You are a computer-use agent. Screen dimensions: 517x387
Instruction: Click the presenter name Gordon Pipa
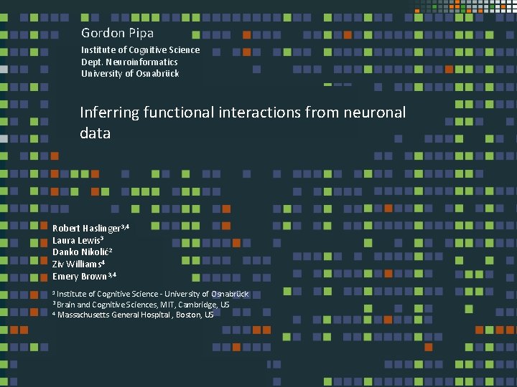click(x=117, y=33)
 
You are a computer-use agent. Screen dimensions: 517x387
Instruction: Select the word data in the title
click(x=95, y=133)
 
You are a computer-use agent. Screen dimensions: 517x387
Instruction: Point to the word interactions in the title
click(x=260, y=113)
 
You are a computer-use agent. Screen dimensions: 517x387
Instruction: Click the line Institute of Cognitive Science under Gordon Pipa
click(x=140, y=50)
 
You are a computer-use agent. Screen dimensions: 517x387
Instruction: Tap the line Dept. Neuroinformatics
click(x=129, y=62)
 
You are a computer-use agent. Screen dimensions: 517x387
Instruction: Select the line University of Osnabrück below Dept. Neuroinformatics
click(x=130, y=74)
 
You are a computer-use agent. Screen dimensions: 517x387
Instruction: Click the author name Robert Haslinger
click(x=87, y=228)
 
